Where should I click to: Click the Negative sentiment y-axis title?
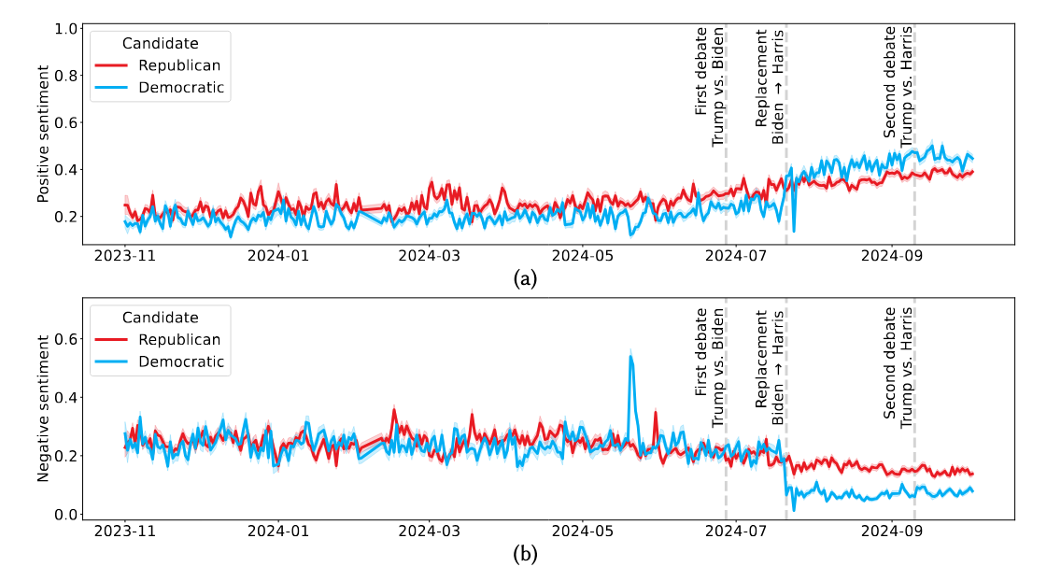coord(43,409)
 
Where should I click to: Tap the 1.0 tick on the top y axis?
coord(65,29)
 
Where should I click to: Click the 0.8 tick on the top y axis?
coord(65,76)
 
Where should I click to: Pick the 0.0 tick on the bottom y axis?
coord(65,515)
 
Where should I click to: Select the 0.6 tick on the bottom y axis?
coord(65,338)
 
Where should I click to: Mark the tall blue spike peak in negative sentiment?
coord(632,356)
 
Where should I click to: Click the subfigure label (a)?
coord(526,277)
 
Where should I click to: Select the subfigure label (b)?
coord(526,553)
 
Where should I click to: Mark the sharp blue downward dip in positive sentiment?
coord(794,229)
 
